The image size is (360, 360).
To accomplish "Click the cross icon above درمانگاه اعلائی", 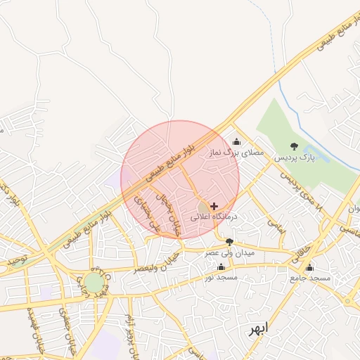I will pos(214,205).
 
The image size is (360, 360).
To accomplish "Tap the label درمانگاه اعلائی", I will pos(214,217).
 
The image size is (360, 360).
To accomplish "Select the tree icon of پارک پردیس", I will pos(293,146).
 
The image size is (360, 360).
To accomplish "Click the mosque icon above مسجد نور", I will pos(221,267).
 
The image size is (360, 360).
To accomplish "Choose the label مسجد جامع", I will pos(309,278).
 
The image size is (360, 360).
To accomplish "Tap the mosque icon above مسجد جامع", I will pos(309,267).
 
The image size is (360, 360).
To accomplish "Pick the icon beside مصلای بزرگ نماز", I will pos(236,141).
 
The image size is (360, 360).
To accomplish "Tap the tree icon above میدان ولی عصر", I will pos(229,242).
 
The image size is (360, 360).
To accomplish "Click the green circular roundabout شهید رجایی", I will pos(94,283).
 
